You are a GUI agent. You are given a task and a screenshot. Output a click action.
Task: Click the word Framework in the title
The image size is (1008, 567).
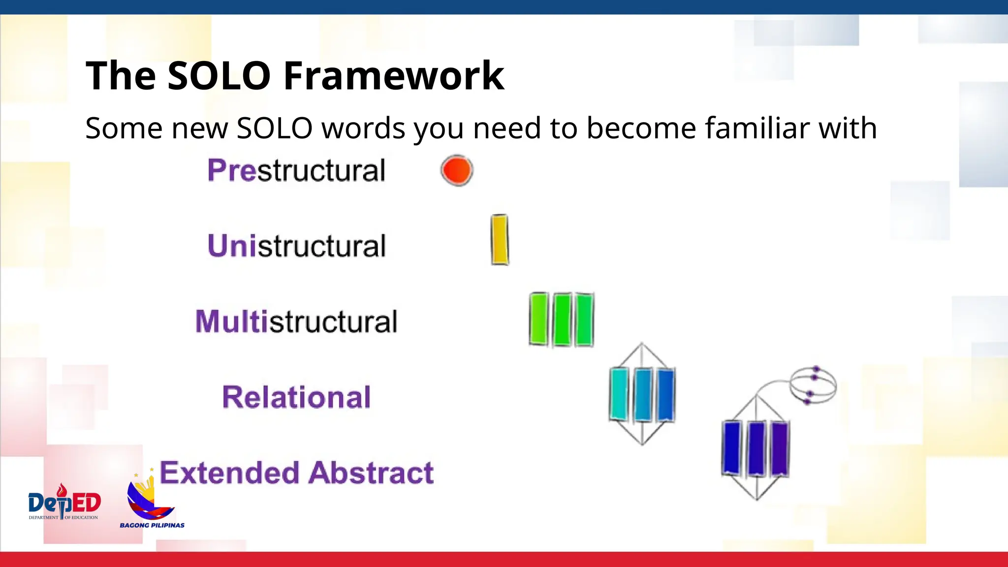tap(394, 76)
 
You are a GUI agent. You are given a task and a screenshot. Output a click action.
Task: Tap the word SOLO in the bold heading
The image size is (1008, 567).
tap(219, 76)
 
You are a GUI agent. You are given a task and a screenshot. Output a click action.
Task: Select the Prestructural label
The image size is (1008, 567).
tap(296, 171)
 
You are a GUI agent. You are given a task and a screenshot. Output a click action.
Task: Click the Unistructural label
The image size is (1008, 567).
tap(296, 246)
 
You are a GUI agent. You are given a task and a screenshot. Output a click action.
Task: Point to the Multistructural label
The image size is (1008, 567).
tap(296, 321)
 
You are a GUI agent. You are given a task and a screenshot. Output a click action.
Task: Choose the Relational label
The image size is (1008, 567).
tap(296, 397)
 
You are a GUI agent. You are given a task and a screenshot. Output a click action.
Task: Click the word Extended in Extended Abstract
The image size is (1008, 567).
tap(229, 473)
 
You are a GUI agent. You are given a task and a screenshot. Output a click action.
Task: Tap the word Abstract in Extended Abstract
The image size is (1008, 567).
tap(372, 473)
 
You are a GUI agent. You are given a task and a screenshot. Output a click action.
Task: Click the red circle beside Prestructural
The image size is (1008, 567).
tap(457, 170)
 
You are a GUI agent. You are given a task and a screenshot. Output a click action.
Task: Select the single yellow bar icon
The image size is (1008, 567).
tap(499, 240)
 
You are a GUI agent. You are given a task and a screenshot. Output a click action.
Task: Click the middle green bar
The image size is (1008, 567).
tap(562, 320)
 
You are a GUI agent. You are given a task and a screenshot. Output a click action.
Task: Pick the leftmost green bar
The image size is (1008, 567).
tap(538, 319)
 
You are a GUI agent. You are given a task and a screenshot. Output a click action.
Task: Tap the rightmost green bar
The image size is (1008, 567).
tap(584, 320)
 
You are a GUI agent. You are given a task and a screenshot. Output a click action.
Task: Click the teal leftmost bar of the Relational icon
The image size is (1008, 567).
tap(619, 394)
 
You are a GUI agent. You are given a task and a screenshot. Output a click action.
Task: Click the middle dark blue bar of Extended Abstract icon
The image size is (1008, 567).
tap(756, 448)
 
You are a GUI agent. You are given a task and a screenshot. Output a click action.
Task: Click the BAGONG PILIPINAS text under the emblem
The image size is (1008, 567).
tap(152, 525)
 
